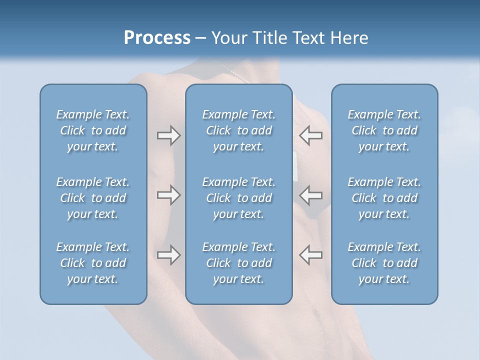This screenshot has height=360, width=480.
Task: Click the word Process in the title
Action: pyautogui.click(x=157, y=37)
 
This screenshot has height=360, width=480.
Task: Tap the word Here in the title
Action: pyautogui.click(x=349, y=37)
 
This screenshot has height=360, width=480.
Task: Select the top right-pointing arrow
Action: pyautogui.click(x=168, y=135)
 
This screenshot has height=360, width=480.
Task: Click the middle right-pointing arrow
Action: pyautogui.click(x=168, y=195)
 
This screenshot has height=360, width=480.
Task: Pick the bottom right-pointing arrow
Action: pyautogui.click(x=168, y=255)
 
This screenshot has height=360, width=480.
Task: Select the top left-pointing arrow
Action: pyautogui.click(x=310, y=135)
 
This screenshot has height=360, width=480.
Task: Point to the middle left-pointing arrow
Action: pyautogui.click(x=310, y=195)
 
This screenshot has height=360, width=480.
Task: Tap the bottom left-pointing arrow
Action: pyautogui.click(x=310, y=255)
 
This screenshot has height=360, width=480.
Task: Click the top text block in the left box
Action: pyautogui.click(x=93, y=130)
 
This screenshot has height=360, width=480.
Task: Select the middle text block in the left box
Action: pyautogui.click(x=93, y=198)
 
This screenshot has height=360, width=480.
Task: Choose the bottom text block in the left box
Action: pyautogui.click(x=93, y=263)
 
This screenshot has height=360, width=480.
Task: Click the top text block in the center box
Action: pyautogui.click(x=238, y=130)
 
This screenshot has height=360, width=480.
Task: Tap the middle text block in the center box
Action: pyautogui.click(x=238, y=198)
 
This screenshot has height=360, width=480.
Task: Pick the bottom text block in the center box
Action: pyautogui.click(x=238, y=263)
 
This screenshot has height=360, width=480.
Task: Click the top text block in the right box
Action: pyautogui.click(x=384, y=130)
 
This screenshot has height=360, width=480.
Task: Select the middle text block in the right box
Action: pyautogui.click(x=384, y=198)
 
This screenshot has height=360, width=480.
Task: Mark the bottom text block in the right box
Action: pyautogui.click(x=384, y=263)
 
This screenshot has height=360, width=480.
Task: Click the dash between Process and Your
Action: pyautogui.click(x=200, y=38)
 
